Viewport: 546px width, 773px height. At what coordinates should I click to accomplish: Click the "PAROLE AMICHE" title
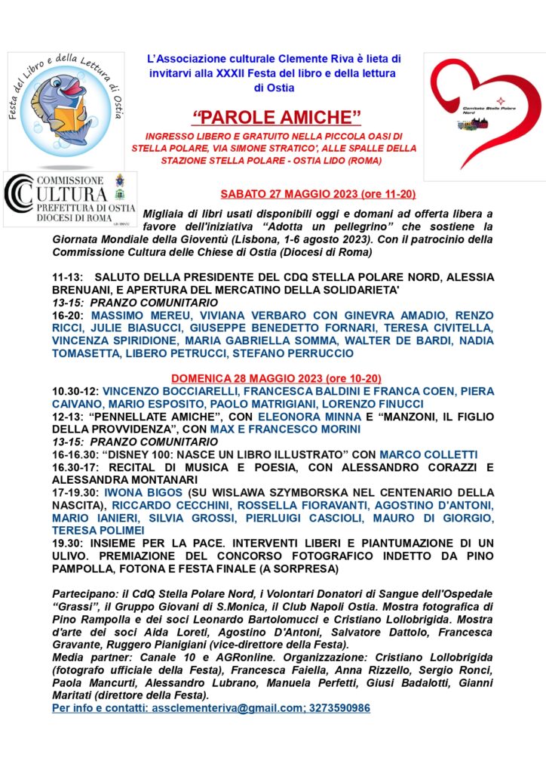(x=277, y=118)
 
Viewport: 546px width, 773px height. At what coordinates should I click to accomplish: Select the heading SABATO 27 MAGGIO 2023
(x=317, y=194)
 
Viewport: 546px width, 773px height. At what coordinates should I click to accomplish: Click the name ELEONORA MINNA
(x=305, y=416)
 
